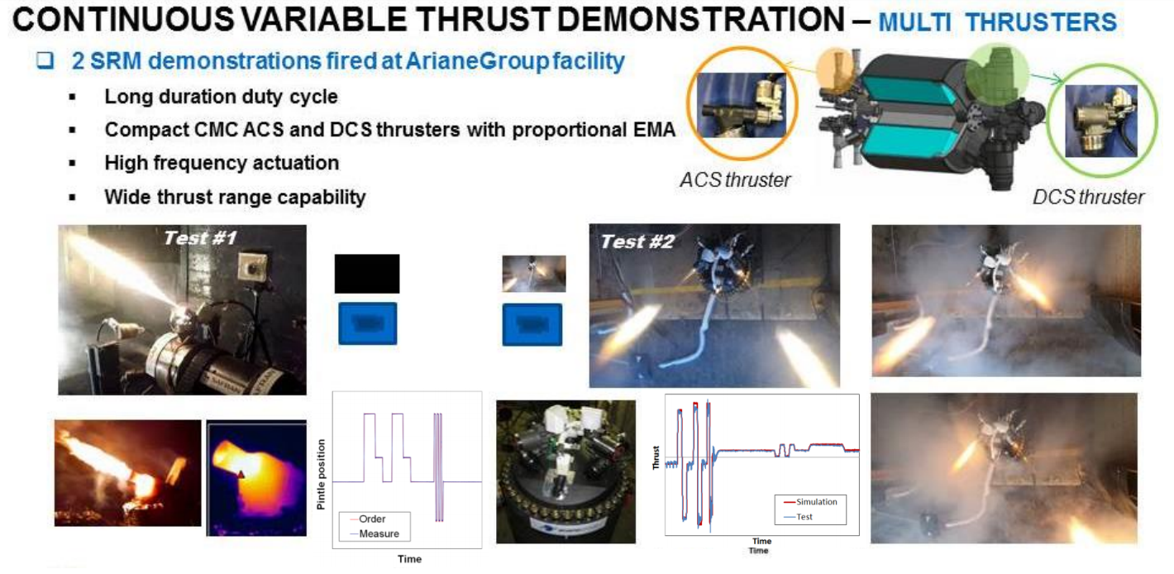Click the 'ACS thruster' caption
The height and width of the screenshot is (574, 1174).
coord(735,179)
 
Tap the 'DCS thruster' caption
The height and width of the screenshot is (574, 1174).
coord(1088,197)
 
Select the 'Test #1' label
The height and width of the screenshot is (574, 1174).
coord(200,238)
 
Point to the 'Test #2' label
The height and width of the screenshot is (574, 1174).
coord(637,242)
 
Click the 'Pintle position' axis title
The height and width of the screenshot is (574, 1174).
coord(321,475)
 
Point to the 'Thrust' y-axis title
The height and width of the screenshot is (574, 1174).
coord(655,457)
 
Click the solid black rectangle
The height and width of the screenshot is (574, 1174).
coord(367,274)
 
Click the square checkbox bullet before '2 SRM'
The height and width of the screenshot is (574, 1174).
coord(45,60)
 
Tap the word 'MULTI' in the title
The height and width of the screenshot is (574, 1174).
coord(914,22)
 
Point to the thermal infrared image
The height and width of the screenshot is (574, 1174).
coord(256,478)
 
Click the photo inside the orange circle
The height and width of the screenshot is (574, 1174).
coord(742,105)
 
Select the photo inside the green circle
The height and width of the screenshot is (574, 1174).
coord(1101,121)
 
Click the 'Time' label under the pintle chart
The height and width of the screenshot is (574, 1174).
coord(409,559)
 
